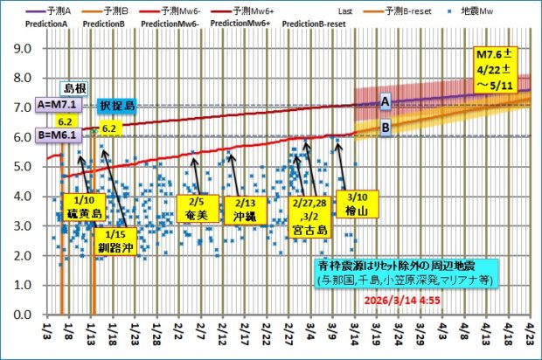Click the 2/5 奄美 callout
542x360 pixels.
(x=194, y=205)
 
